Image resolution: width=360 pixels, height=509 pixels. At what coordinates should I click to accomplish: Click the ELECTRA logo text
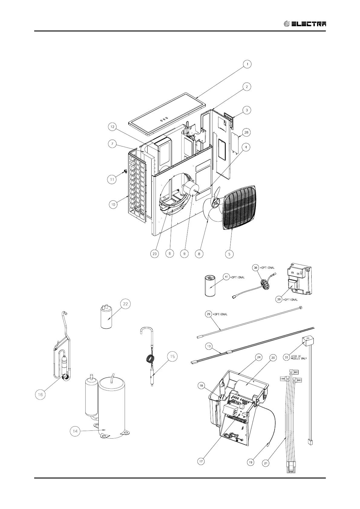click(x=309, y=24)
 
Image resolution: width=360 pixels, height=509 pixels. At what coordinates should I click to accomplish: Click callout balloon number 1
click(x=247, y=64)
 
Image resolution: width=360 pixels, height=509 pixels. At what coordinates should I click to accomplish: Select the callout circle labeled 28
click(x=247, y=132)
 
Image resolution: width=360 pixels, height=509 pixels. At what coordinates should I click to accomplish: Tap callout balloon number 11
click(x=112, y=179)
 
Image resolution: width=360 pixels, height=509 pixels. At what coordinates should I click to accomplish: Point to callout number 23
click(x=155, y=254)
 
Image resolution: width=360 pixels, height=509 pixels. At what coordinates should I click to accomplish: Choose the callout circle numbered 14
click(x=75, y=431)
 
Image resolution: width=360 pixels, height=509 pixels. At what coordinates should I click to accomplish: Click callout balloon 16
click(x=41, y=394)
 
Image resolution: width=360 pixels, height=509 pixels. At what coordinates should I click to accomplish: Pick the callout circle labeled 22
click(x=125, y=304)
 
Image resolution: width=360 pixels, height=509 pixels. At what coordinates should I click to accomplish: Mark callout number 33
click(x=286, y=357)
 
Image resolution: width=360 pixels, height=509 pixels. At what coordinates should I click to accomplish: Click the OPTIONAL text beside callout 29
click(x=220, y=314)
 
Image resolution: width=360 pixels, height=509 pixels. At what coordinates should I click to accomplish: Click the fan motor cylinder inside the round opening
click(x=190, y=190)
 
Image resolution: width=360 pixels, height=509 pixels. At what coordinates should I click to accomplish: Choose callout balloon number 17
click(x=201, y=461)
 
